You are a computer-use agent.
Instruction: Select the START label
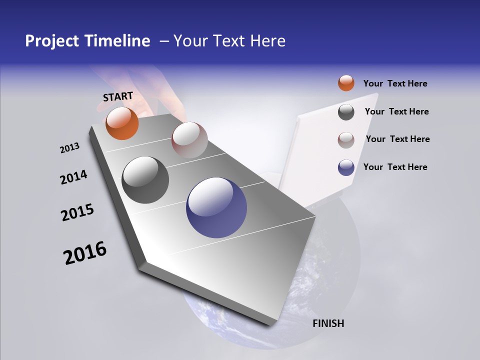point(118,96)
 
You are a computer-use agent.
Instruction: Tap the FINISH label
point(328,323)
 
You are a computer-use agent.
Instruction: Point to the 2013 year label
point(70,148)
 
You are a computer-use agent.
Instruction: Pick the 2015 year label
point(77,212)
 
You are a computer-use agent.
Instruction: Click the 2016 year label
point(85,252)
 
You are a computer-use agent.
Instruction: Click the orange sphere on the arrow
point(122,123)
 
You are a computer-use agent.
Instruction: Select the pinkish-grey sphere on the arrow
point(189,140)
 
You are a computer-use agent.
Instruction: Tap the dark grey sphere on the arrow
point(145,180)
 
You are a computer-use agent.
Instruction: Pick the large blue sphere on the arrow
point(216,207)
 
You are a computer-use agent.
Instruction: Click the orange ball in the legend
point(346,83)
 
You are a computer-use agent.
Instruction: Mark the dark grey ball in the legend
point(346,112)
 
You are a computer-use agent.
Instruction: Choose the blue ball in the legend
point(346,167)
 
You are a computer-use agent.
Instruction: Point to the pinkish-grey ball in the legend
point(346,140)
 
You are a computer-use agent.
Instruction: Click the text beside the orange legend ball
point(395,83)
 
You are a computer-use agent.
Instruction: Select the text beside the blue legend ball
point(395,167)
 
